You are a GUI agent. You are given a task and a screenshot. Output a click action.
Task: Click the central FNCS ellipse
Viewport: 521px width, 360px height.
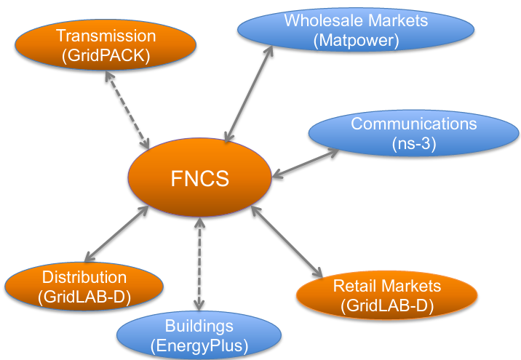click(199, 177)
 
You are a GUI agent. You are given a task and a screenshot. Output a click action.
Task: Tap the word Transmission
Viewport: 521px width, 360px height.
click(106, 35)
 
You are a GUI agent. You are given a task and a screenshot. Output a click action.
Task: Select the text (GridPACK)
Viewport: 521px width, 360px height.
click(106, 55)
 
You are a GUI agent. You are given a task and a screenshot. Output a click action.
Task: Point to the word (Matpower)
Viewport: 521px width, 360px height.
click(356, 41)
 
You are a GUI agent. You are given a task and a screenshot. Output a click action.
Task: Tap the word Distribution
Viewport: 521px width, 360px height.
click(84, 277)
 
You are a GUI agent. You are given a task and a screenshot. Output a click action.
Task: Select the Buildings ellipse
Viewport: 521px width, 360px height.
click(198, 334)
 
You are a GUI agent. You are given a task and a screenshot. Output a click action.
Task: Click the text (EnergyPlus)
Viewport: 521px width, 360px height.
click(199, 345)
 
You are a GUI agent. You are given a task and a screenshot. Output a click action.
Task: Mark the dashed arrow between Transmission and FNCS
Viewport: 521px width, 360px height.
click(128, 110)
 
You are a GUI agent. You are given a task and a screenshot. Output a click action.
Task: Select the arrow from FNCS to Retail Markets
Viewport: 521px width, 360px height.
click(286, 241)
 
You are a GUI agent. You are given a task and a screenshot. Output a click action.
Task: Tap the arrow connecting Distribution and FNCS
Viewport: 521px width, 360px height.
click(117, 233)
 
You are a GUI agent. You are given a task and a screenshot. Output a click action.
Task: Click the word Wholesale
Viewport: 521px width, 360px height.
click(319, 20)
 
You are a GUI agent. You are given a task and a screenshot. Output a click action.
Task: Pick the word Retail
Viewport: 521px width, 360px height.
click(354, 285)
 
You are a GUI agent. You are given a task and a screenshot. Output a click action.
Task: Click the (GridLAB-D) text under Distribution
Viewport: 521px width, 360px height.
click(84, 295)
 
